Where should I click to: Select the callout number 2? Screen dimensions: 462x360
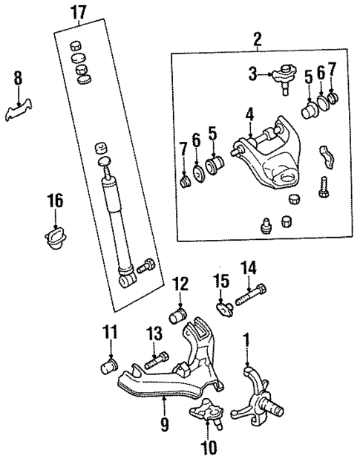click(x=257, y=40)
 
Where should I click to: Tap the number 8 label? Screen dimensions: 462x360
click(x=18, y=78)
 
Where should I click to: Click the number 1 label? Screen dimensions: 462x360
click(x=247, y=342)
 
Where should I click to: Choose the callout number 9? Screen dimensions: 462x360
click(x=164, y=425)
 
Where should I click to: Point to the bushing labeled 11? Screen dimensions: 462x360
click(x=111, y=366)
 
